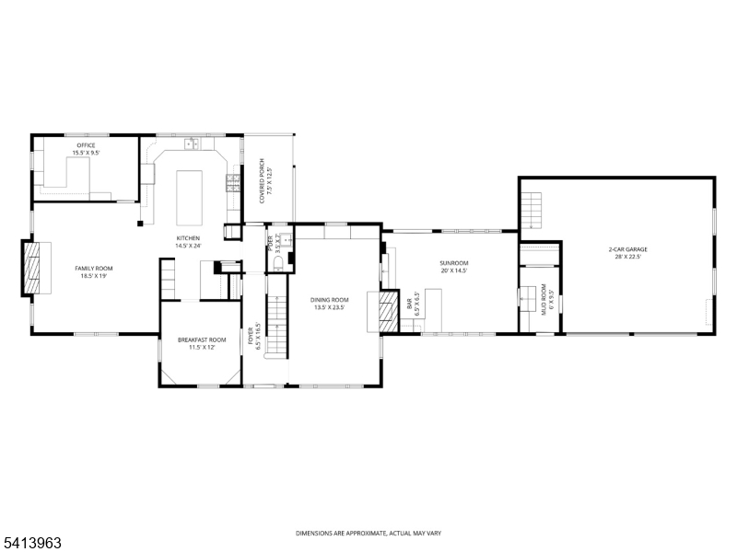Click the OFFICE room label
pyautogui.click(x=85, y=145)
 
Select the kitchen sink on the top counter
pyautogui.click(x=191, y=144)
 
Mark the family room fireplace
pyautogui.click(x=33, y=268)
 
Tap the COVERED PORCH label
pyautogui.click(x=263, y=179)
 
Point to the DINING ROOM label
pyautogui.click(x=329, y=300)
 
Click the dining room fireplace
pyautogui.click(x=385, y=311)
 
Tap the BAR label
pyautogui.click(x=410, y=303)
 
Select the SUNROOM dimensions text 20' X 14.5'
pyautogui.click(x=453, y=270)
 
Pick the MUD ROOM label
pyautogui.click(x=544, y=299)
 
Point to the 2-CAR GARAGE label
pyautogui.click(x=627, y=249)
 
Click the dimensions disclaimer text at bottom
pyautogui.click(x=368, y=533)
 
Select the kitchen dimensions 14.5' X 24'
pyautogui.click(x=188, y=246)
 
